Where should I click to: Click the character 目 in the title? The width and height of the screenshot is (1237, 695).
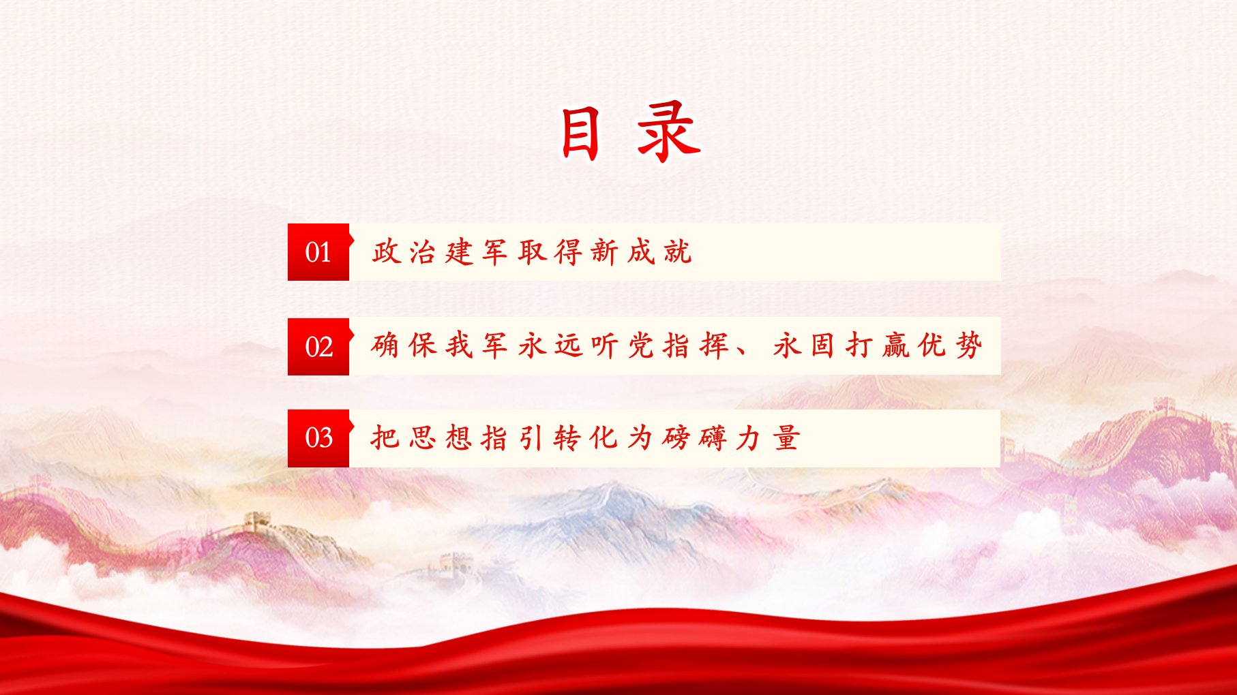click(580, 134)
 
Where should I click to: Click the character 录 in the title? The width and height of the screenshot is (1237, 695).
click(669, 132)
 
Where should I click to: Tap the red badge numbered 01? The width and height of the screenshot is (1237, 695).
click(318, 252)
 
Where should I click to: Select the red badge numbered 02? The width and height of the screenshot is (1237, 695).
click(318, 346)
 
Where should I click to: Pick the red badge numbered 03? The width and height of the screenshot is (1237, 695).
click(318, 438)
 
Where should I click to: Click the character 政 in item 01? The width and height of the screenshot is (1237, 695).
click(385, 251)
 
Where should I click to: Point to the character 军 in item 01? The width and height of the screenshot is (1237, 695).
click(494, 251)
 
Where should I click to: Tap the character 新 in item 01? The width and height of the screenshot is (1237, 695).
click(604, 251)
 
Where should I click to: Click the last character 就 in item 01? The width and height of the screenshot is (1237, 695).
click(678, 251)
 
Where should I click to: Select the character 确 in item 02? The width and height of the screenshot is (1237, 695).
click(385, 345)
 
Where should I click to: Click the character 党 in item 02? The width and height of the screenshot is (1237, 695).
click(641, 345)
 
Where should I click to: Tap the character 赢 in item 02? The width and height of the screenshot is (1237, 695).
click(895, 345)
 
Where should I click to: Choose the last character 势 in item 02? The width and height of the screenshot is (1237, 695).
click(968, 345)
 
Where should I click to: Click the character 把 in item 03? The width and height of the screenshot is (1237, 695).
click(385, 437)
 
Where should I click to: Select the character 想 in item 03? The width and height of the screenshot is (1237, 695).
click(458, 437)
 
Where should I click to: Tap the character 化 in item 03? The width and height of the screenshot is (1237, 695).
click(604, 437)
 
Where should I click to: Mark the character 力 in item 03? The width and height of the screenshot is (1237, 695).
click(749, 437)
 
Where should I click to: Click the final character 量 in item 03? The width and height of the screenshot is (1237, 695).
click(786, 437)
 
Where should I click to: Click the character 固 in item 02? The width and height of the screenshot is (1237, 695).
click(822, 345)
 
